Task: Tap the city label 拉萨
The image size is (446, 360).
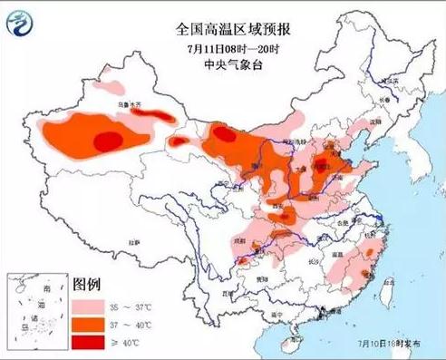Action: point(134,242)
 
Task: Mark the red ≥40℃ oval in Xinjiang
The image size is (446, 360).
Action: point(109,140)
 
